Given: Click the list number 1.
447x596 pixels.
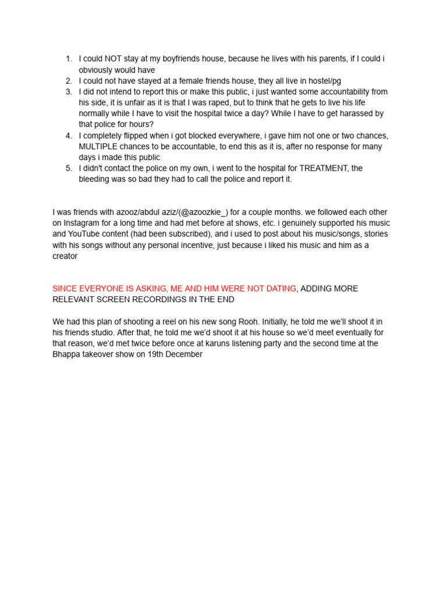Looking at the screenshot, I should tap(68, 59).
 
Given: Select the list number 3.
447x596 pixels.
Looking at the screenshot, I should tap(68, 92).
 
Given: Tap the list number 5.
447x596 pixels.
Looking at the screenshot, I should tap(68, 168).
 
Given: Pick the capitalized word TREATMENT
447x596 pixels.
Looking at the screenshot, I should tap(322, 168).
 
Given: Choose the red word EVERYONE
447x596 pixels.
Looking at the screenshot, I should tap(102, 289).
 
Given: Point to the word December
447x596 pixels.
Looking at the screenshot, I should tap(183, 354).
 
